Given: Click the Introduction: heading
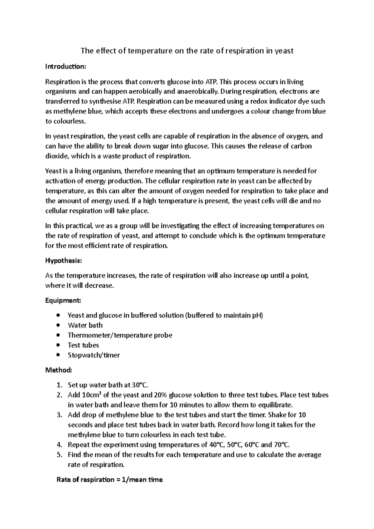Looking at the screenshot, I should pyautogui.click(x=65, y=67).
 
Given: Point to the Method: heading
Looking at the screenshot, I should pyautogui.click(x=59, y=370).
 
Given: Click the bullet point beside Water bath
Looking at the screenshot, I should pyautogui.click(x=58, y=325).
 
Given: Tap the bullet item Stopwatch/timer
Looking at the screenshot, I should pyautogui.click(x=93, y=355).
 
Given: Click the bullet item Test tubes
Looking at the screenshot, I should pyautogui.click(x=83, y=345).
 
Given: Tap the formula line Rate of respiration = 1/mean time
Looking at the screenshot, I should pyautogui.click(x=109, y=480).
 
